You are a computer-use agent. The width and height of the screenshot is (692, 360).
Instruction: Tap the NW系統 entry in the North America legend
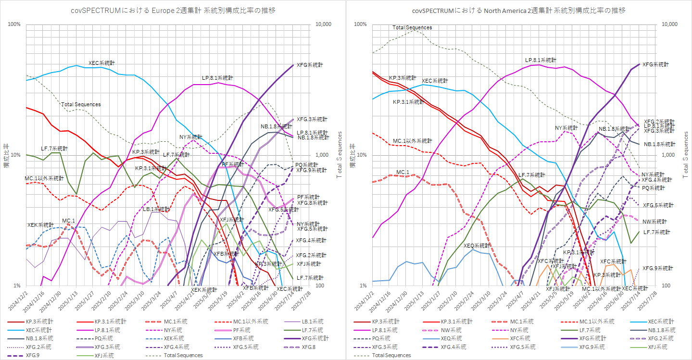point(452,330)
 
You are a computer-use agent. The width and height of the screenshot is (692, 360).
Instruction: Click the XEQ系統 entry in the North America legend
point(452,338)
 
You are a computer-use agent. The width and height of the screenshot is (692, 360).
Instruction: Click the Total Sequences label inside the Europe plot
point(81,104)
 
